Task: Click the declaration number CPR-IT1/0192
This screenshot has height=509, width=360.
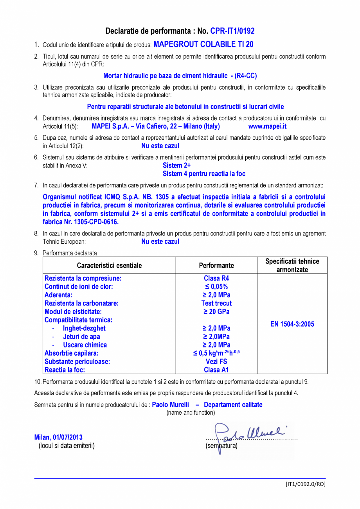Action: [232, 31]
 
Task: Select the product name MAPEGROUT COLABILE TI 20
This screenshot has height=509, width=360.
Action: [203, 45]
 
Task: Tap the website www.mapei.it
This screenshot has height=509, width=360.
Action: [267, 126]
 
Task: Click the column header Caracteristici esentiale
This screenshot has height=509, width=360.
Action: [109, 266]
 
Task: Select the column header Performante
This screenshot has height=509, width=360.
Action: [216, 266]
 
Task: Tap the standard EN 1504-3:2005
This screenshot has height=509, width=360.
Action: [292, 324]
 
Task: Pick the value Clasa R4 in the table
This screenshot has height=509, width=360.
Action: [216, 279]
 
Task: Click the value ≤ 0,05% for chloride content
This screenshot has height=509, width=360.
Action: [216, 287]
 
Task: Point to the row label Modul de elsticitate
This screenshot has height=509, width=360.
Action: [73, 312]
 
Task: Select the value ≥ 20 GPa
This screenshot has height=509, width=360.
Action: [216, 312]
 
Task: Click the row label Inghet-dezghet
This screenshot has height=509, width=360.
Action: [84, 328]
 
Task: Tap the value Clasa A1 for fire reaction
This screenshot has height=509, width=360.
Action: [216, 370]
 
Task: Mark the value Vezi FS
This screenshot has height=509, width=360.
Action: [216, 362]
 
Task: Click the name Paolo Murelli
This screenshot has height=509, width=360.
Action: [170, 405]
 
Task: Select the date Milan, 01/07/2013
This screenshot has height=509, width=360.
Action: [58, 437]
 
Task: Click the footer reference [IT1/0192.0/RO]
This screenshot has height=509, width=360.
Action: [305, 484]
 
